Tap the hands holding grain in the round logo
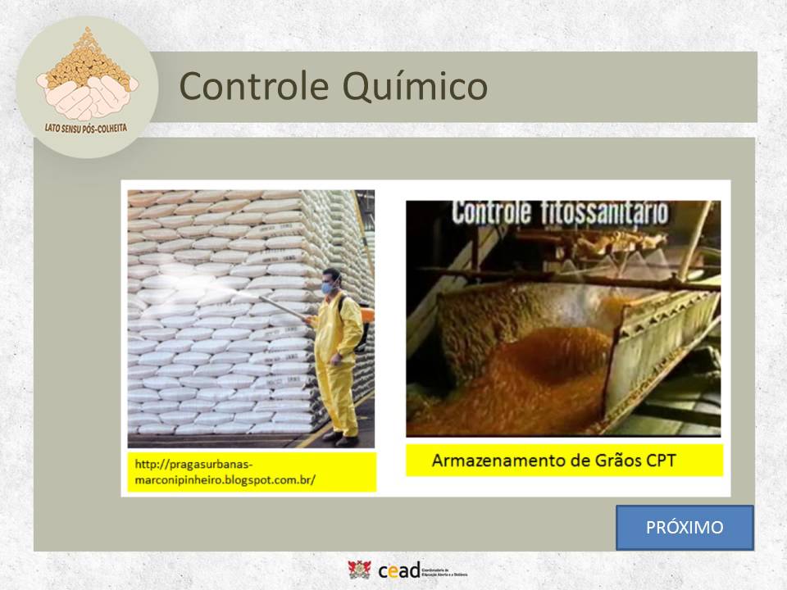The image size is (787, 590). point(87,95)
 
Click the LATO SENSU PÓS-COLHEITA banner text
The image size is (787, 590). point(87,128)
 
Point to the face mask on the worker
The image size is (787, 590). point(328,288)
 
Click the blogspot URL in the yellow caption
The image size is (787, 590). point(225,472)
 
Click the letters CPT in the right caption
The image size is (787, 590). point(659,461)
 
